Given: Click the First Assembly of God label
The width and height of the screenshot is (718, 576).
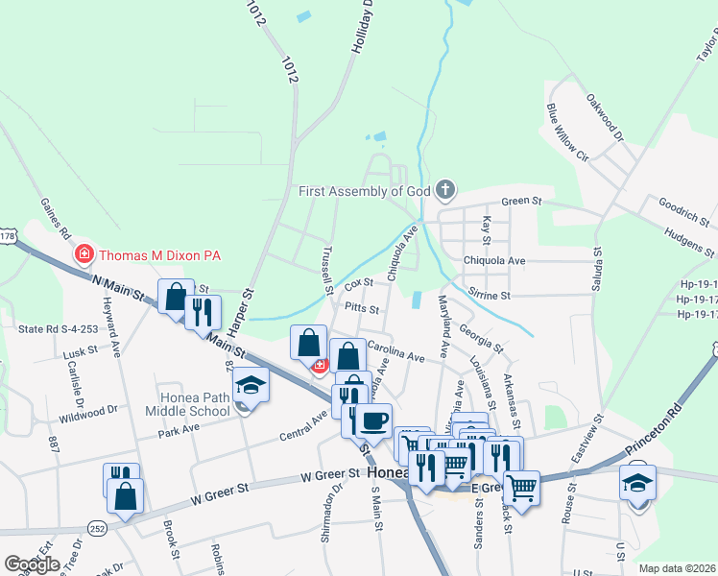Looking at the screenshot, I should click(366, 191).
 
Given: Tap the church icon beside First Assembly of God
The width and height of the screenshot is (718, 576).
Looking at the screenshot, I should click(444, 190).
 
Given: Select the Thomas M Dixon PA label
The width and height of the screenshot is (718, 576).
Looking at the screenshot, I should click(161, 254).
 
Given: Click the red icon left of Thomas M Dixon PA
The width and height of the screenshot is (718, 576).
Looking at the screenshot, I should click(84, 254).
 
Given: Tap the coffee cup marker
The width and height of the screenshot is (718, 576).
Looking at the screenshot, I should click(374, 420).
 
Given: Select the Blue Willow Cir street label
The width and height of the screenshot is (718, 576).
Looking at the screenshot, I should click(567, 132).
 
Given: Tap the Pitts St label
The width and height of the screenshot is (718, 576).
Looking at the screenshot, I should click(362, 310).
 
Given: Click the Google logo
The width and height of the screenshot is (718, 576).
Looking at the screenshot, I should click(32, 564).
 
